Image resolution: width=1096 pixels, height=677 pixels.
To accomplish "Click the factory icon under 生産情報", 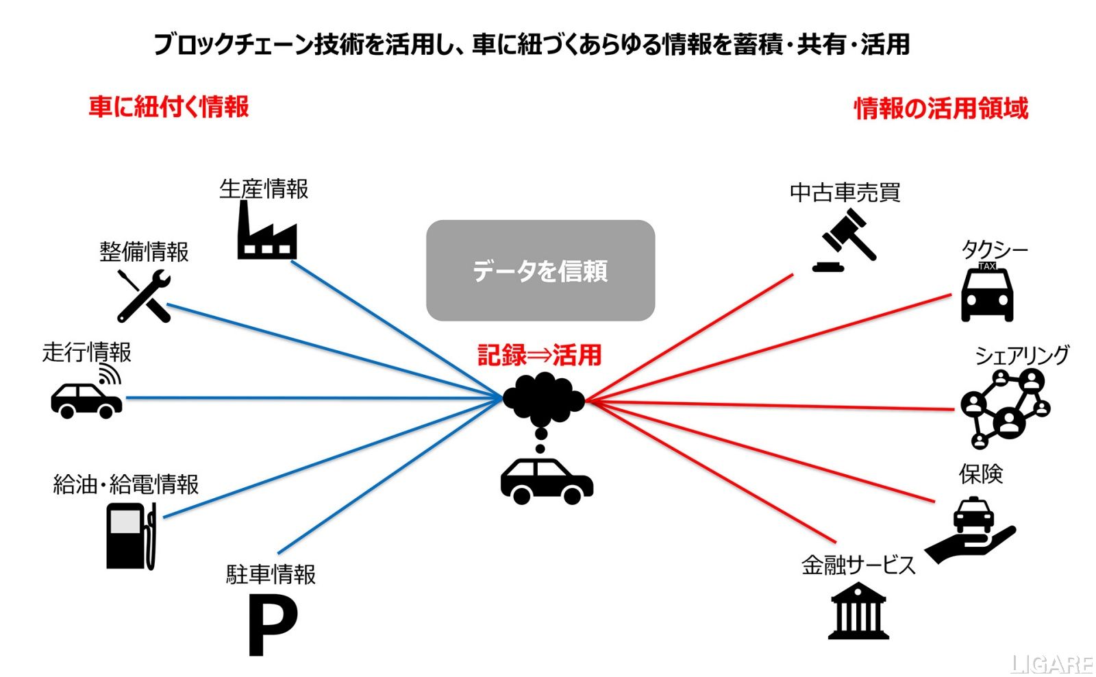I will (266, 233).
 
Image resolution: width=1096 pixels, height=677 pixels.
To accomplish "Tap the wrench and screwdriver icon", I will (144, 296).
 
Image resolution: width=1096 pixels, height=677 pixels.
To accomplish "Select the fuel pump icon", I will (131, 536).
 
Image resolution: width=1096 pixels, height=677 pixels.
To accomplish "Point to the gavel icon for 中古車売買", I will (845, 239).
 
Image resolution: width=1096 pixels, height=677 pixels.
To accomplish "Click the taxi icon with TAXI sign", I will (987, 293).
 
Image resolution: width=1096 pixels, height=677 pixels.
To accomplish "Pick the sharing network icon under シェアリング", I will (1005, 408).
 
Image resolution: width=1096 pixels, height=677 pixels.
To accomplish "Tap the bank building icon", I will (858, 611).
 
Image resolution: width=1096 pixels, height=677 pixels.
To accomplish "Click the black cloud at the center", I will (543, 397).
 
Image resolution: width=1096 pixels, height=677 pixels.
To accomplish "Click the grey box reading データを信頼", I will (540, 271).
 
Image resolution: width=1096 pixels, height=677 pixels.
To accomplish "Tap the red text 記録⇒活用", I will (540, 355).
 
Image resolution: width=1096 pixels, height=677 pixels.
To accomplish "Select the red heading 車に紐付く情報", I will (169, 107).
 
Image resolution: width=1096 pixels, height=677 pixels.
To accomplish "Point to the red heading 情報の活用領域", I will (941, 108).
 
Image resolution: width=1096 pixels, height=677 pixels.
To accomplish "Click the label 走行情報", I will (87, 352).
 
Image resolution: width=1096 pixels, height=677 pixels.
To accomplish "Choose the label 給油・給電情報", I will (126, 484).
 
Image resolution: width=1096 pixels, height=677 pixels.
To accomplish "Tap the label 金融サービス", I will (858, 565).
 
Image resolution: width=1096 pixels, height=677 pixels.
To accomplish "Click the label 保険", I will (981, 473).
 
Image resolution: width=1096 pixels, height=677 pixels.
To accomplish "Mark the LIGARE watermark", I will (1052, 664).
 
